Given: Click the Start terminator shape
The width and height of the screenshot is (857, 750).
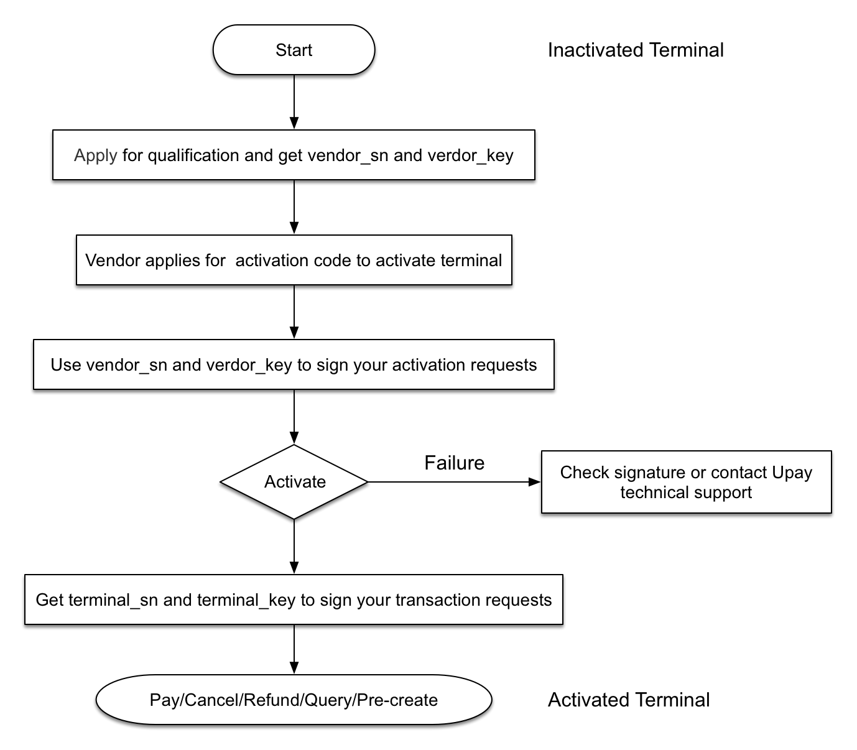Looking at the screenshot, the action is tap(294, 50).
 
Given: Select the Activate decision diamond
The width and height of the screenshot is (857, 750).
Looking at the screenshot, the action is tap(294, 482).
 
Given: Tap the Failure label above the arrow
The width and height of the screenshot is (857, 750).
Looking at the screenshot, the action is tap(455, 463).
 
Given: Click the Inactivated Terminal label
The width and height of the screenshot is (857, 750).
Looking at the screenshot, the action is tap(636, 50).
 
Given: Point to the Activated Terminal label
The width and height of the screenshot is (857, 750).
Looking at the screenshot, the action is tap(629, 700).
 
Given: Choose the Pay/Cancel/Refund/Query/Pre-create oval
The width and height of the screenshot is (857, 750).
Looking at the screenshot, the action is tap(294, 700).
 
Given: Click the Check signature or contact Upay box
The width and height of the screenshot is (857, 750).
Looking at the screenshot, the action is tap(686, 482).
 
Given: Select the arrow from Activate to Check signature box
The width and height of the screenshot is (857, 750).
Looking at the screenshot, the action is tap(455, 482).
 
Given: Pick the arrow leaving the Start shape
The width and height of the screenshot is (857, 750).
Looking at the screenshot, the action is tap(294, 102).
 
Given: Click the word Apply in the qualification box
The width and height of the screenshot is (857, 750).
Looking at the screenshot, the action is tap(96, 155).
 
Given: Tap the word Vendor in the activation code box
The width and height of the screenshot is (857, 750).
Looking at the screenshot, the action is tap(113, 260).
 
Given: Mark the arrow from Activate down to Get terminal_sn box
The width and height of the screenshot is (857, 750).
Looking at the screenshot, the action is tap(294, 547).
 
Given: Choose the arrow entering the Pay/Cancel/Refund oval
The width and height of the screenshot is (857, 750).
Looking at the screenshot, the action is tap(294, 649).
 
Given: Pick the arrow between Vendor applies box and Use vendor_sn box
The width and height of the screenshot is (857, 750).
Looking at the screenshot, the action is tap(294, 312).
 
